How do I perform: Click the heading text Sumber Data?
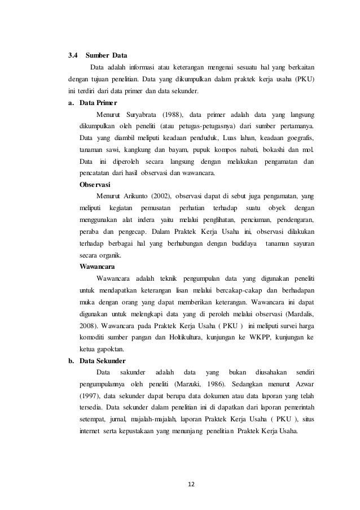(x=107, y=56)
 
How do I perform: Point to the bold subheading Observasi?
(x=95, y=185)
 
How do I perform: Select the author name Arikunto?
(x=133, y=197)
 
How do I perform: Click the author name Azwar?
(x=303, y=385)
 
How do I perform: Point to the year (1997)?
(x=89, y=396)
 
